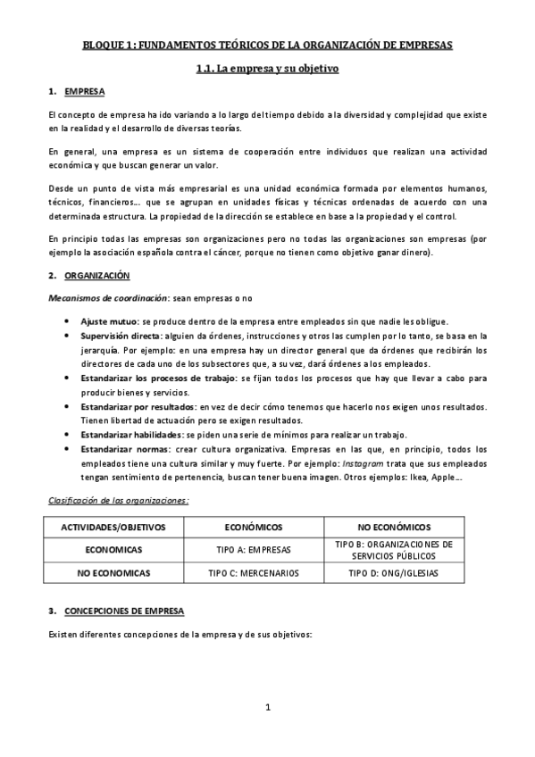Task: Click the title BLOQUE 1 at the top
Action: point(267,44)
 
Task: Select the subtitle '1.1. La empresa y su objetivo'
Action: point(267,68)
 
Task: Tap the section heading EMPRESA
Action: point(85,92)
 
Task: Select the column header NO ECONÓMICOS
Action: point(394,528)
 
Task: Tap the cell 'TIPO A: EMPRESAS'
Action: point(254,550)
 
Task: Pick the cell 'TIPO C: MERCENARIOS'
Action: point(254,572)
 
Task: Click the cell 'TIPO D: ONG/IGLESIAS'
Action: point(394,572)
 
